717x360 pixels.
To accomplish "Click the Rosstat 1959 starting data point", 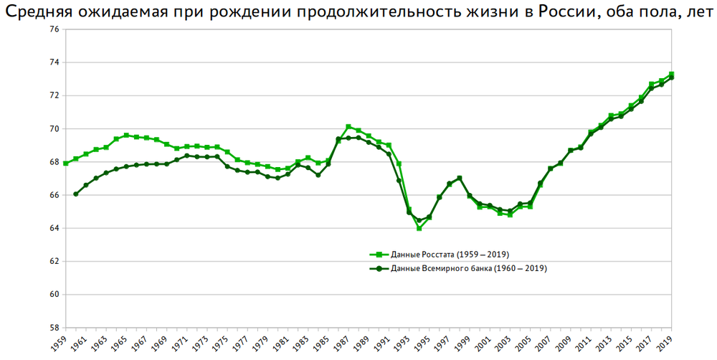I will pyautogui.click(x=66, y=164).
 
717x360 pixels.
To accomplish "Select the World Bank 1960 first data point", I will pyautogui.click(x=76, y=194).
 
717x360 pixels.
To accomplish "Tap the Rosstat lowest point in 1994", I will pyautogui.click(x=419, y=228).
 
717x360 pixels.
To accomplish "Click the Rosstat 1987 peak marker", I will pyautogui.click(x=348, y=127).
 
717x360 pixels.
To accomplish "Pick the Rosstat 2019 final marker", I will pyautogui.click(x=672, y=74).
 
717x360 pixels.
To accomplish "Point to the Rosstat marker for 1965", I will pyautogui.click(x=126, y=135).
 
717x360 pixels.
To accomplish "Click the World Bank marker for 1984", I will pyautogui.click(x=318, y=175).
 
